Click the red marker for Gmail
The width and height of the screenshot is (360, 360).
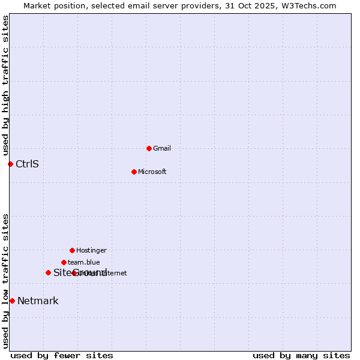[x=149, y=148]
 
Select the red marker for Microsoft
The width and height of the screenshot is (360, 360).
[x=134, y=172]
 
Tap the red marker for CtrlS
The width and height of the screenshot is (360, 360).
[x=10, y=164]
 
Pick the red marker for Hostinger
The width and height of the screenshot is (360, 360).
[x=72, y=250]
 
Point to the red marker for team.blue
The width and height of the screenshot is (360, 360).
[x=64, y=262]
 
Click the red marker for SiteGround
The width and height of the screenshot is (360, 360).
[x=48, y=272]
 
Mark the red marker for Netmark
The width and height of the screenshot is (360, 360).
[x=12, y=301]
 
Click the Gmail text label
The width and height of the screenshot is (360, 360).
[x=162, y=148]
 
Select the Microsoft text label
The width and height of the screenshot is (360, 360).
[x=152, y=172]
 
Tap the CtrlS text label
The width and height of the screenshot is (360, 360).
[x=27, y=164]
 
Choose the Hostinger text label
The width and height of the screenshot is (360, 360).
[x=91, y=250]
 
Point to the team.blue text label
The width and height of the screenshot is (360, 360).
[x=84, y=262]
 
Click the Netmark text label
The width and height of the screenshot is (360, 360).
[x=38, y=301]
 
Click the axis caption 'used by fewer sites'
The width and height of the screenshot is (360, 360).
[x=62, y=355]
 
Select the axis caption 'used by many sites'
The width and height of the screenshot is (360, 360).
[x=301, y=355]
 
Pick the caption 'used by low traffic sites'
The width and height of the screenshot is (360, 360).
[x=5, y=281]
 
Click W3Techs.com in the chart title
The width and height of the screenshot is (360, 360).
[x=310, y=5]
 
